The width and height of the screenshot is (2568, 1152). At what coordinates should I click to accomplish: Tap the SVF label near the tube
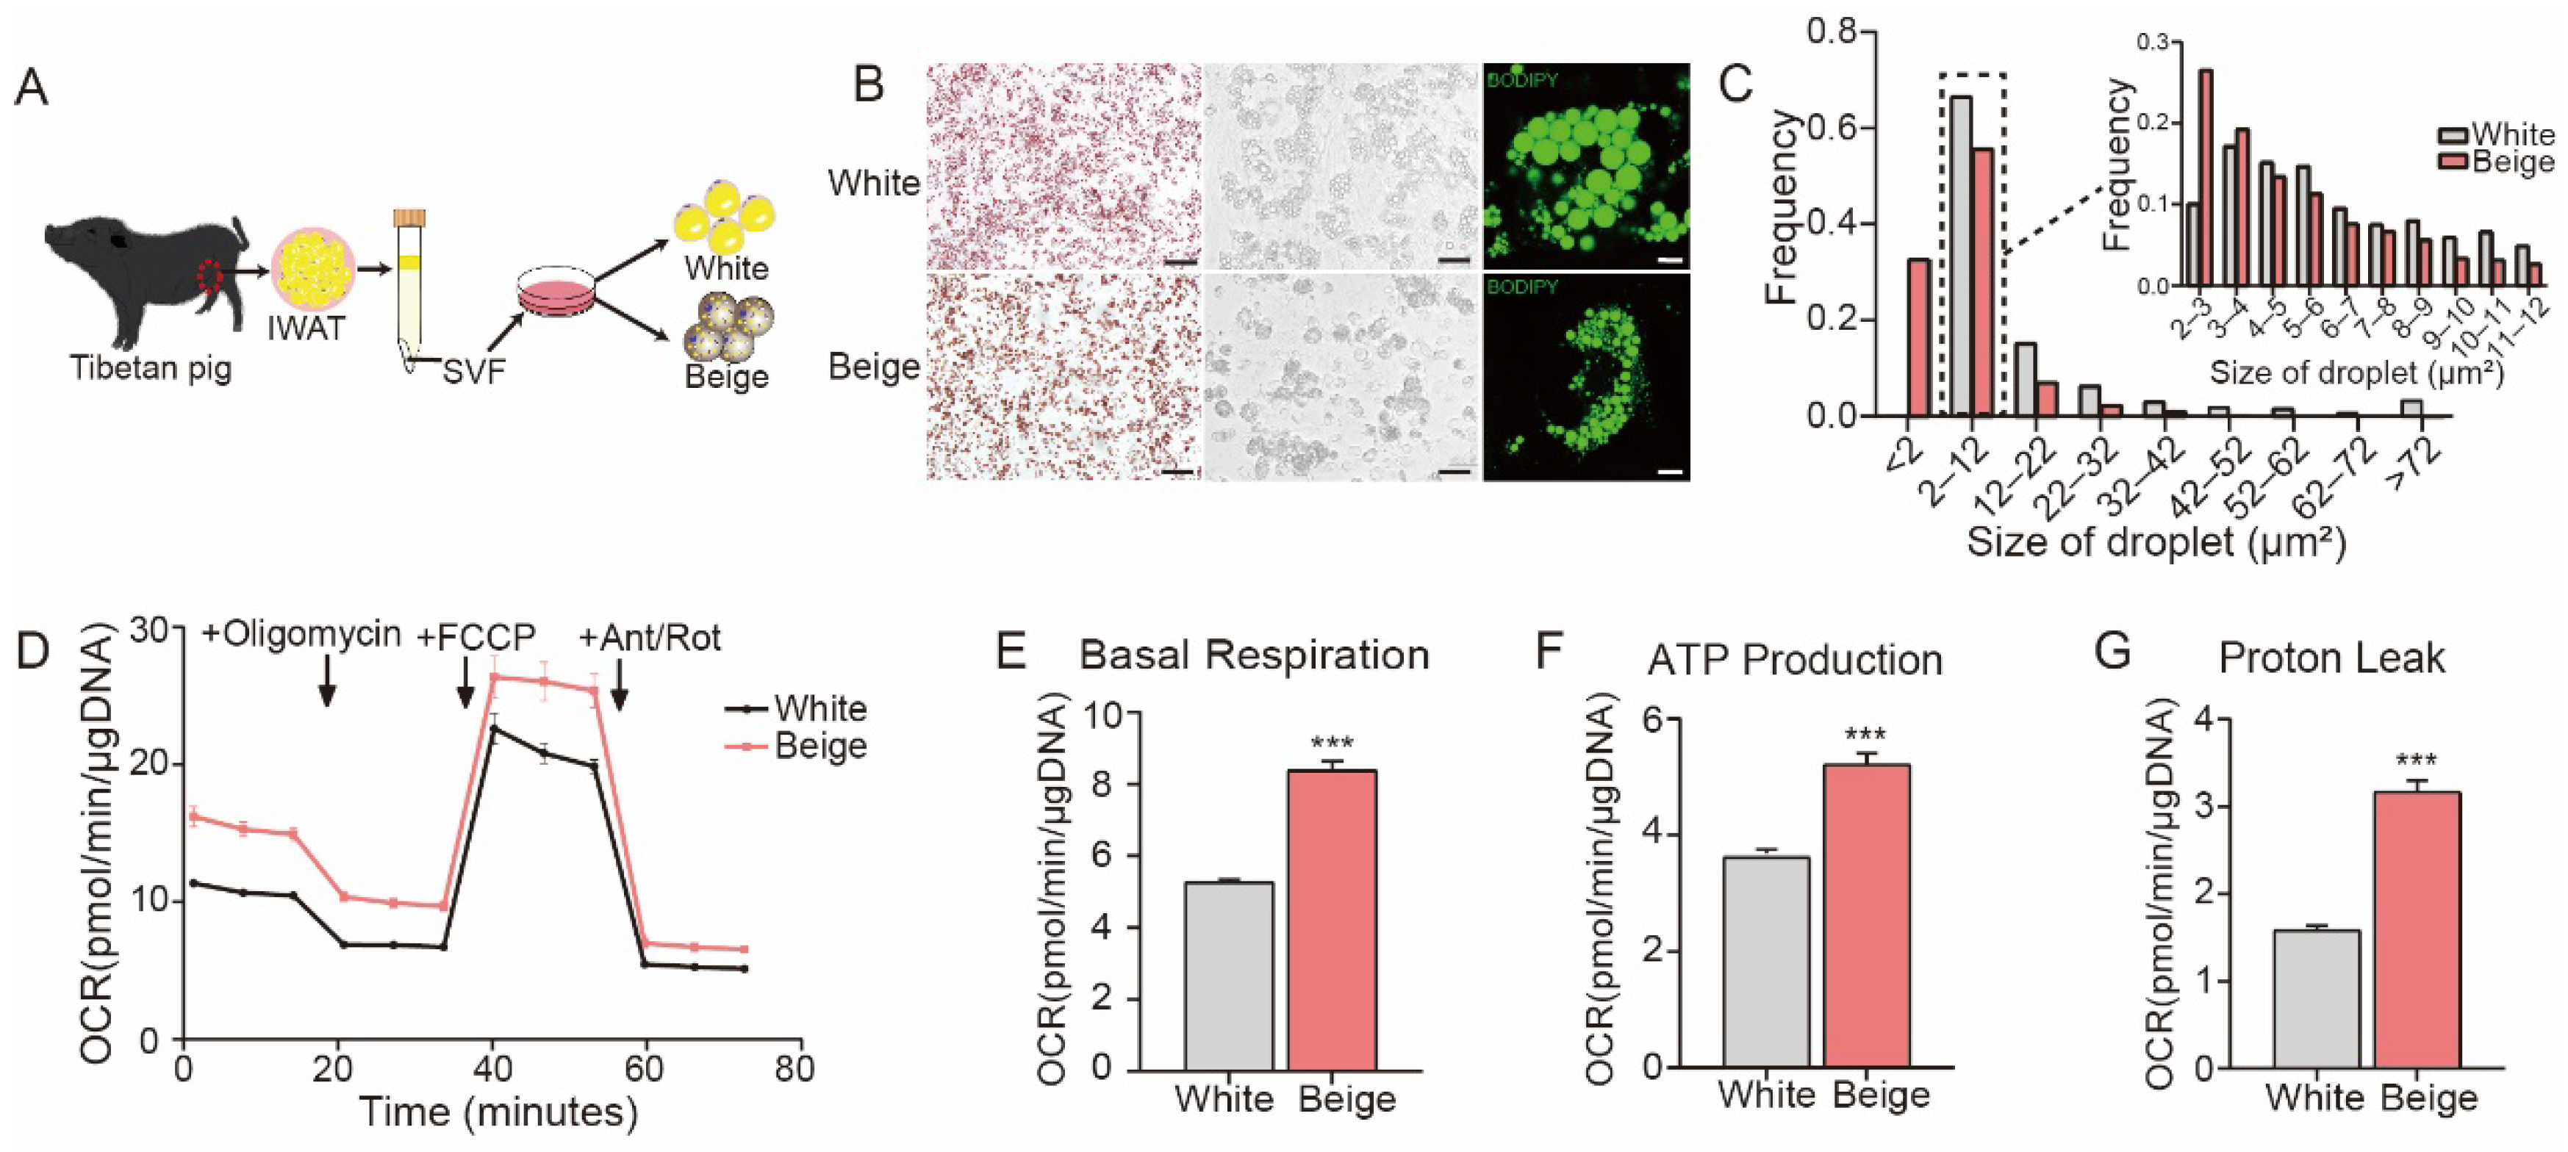[475, 372]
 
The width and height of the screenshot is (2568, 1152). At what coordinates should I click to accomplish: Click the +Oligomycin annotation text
[301, 635]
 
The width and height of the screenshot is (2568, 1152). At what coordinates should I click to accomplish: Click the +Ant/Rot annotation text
[650, 638]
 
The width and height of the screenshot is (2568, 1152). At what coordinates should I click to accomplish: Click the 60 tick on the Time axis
[644, 1069]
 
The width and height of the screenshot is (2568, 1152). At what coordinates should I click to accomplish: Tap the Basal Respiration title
[1254, 655]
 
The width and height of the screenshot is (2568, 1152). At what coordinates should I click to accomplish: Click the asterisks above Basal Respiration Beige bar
[1332, 744]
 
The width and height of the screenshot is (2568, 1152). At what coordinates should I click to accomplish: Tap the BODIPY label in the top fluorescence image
[1521, 80]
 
